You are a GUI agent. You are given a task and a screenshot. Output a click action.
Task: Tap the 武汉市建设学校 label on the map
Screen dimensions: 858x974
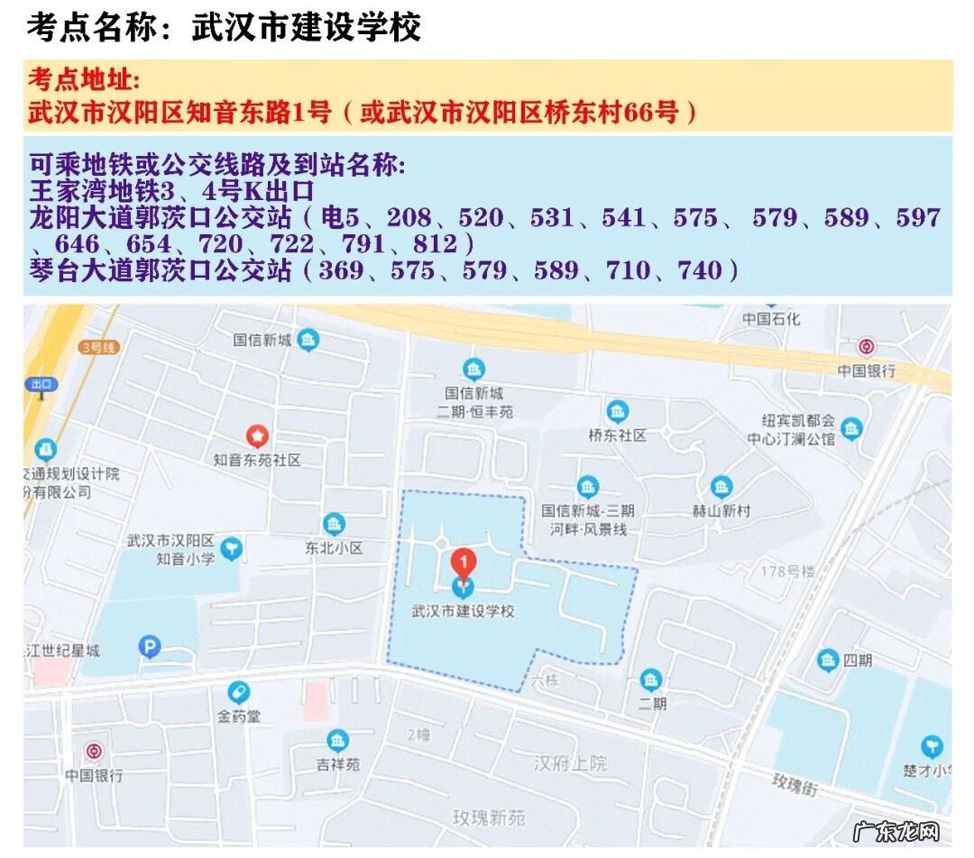click(463, 611)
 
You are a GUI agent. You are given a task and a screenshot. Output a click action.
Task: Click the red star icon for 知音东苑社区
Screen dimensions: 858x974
click(258, 437)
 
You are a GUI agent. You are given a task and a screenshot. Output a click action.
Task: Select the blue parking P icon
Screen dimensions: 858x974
click(149, 646)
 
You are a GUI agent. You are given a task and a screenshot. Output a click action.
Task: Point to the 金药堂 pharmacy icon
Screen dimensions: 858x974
click(239, 692)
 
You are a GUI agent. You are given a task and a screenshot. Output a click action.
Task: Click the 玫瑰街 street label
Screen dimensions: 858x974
click(795, 784)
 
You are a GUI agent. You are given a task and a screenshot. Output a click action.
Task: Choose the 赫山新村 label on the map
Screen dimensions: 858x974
click(721, 511)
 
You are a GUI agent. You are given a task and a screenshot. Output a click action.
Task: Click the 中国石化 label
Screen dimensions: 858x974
click(770, 319)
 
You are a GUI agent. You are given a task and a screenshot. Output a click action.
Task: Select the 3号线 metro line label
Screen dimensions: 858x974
click(98, 347)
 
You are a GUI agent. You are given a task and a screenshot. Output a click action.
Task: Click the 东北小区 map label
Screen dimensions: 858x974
click(334, 548)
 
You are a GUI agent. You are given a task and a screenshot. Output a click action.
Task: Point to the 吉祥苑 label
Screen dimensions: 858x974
click(337, 764)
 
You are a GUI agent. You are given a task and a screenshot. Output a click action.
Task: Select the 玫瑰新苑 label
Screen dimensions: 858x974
click(489, 817)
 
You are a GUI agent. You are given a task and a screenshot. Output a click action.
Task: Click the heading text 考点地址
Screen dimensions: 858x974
click(84, 79)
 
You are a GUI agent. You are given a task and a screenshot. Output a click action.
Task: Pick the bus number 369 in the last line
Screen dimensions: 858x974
click(343, 269)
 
